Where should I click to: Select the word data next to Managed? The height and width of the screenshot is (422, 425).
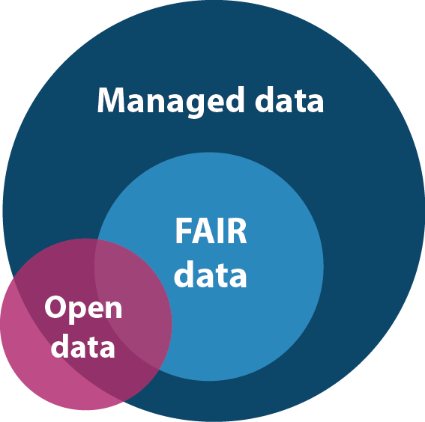[x=289, y=100]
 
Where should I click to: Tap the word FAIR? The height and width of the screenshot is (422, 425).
[x=211, y=230]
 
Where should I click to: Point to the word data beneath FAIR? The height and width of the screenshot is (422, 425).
[x=211, y=274]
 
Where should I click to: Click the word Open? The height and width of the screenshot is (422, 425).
[x=83, y=310]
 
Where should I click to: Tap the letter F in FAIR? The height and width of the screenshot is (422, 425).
[x=183, y=230]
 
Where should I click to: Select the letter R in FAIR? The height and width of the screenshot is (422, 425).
[x=237, y=230]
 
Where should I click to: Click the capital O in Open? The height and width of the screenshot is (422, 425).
[x=57, y=307]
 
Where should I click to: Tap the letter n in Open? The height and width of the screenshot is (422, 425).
[x=113, y=309]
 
